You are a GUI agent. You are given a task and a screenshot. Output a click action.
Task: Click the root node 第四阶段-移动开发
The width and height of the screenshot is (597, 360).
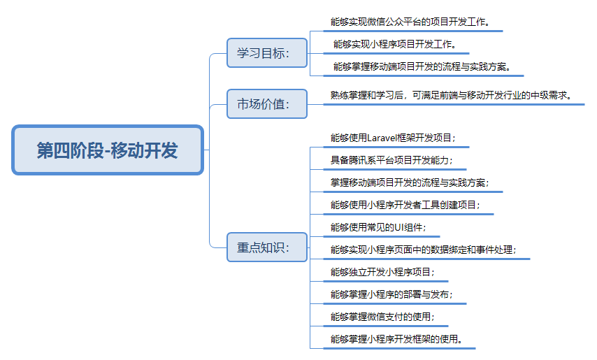108,150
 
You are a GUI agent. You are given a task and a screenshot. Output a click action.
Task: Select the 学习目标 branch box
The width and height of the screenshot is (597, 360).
267,53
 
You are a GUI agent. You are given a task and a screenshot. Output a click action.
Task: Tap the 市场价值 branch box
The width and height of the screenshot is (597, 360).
267,104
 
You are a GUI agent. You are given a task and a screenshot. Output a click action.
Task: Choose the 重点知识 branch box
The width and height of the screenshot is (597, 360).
267,247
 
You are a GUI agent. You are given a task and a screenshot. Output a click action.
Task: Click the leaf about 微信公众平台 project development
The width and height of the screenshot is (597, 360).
410,22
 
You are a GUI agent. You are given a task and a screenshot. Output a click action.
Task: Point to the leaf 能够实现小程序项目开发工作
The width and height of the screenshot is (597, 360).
395,44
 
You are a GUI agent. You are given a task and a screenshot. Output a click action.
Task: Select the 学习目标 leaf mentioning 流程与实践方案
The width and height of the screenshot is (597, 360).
422,66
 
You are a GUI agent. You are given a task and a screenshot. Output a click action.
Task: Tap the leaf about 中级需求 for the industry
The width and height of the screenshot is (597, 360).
452,95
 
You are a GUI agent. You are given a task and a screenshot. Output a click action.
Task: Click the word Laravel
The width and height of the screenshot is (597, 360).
382,138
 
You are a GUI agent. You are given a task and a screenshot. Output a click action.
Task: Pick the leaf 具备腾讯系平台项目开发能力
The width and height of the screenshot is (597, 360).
391,160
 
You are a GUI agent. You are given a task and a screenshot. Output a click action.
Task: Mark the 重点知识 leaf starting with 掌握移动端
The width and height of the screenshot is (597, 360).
410,182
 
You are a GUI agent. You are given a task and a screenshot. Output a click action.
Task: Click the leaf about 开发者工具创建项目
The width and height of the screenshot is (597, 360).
405,205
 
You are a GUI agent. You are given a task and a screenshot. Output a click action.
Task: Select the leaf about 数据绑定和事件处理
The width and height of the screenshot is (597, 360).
424,250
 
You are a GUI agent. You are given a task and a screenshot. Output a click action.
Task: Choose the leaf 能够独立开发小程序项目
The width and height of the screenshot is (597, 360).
382,272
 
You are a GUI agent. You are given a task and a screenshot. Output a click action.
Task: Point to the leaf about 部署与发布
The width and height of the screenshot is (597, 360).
391,294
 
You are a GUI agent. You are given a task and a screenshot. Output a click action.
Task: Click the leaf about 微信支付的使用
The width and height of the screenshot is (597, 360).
382,317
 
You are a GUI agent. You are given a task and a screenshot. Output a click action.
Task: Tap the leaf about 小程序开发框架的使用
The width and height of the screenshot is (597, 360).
396,339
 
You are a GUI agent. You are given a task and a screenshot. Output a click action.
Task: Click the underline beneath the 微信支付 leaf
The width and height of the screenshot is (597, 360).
386,326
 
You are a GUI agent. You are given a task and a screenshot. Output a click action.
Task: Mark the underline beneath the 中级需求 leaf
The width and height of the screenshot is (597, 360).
454,104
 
